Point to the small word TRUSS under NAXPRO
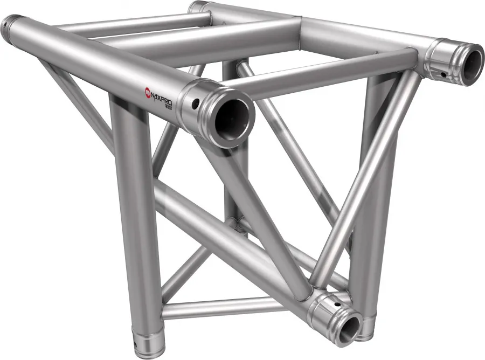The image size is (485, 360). click(x=172, y=104)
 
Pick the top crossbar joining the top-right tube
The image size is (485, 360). click(x=329, y=73)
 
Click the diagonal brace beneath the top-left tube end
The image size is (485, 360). click(x=75, y=102)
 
